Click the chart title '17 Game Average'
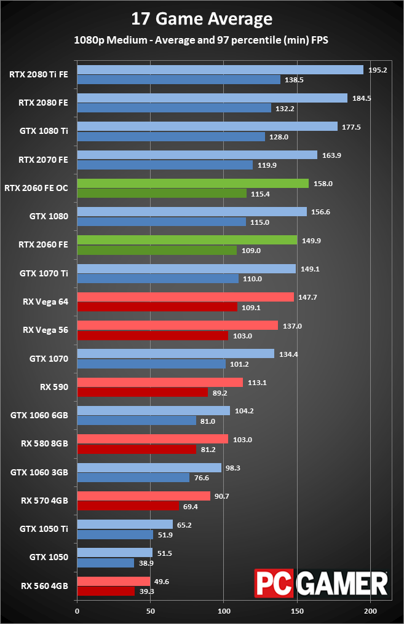click(202, 19)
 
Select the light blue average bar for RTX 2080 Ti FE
click(220, 70)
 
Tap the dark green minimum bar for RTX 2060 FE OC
click(162, 193)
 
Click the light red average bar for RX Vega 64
click(185, 297)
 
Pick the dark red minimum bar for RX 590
click(142, 392)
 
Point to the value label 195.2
click(377, 70)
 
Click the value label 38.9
click(146, 563)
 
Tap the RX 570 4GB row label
click(44, 501)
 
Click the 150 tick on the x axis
click(297, 611)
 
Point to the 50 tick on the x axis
click(151, 611)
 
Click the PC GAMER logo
click(322, 583)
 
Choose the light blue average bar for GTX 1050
click(114, 553)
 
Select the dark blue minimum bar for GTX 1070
click(151, 364)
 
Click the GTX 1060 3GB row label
click(39, 472)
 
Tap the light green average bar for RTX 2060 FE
click(187, 240)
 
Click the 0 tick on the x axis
click(77, 611)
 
